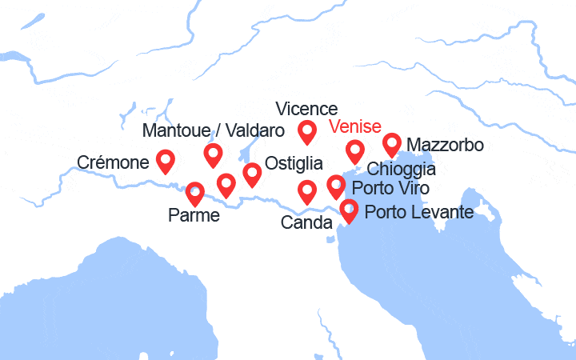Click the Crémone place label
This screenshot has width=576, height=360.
(113, 163)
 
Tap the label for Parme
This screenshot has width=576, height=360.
(194, 214)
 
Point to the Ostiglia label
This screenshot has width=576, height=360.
(294, 163)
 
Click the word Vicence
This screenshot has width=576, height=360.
(306, 108)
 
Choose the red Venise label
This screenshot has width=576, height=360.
(355, 127)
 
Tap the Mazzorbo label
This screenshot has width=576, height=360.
(445, 146)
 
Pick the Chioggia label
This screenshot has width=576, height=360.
(401, 170)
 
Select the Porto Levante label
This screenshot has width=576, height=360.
(419, 213)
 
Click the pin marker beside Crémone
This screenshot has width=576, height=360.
(166, 161)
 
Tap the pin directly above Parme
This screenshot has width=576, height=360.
(194, 193)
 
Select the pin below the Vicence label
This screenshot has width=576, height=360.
(307, 131)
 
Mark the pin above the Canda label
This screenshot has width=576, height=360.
(307, 191)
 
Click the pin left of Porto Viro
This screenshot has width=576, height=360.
(336, 187)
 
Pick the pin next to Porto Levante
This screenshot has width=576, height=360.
(349, 210)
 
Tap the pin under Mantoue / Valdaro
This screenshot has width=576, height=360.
(213, 154)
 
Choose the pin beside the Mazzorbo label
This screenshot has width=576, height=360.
(391, 144)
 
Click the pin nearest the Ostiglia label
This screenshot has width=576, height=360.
(252, 174)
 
